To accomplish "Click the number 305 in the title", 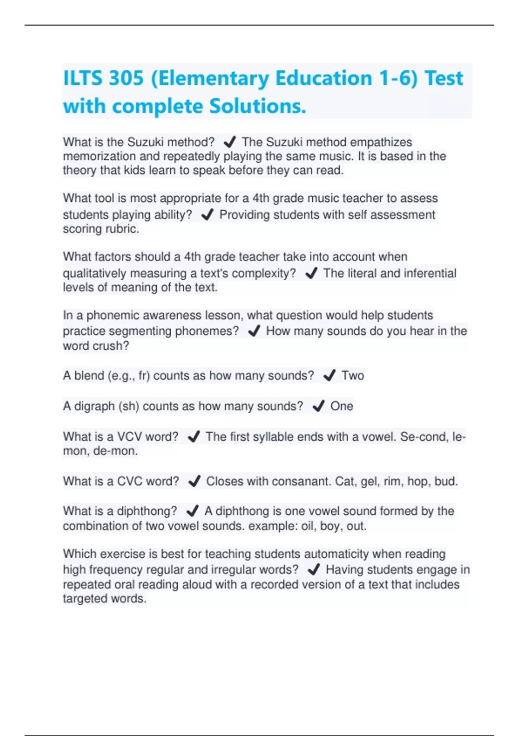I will (x=126, y=78).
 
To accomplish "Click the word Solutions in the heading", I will (x=257, y=107).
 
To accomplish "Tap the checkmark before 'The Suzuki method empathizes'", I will (x=229, y=142).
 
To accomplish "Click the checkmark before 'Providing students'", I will (x=208, y=215).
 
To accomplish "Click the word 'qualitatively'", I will (x=95, y=274).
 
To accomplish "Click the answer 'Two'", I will (x=352, y=375).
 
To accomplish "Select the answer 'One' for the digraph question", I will (x=342, y=406).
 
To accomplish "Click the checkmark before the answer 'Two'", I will (x=329, y=375).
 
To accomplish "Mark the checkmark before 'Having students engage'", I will (x=314, y=570).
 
